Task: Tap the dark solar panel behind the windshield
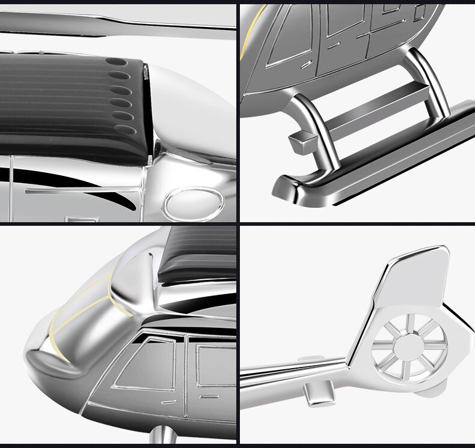point(198,252)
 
